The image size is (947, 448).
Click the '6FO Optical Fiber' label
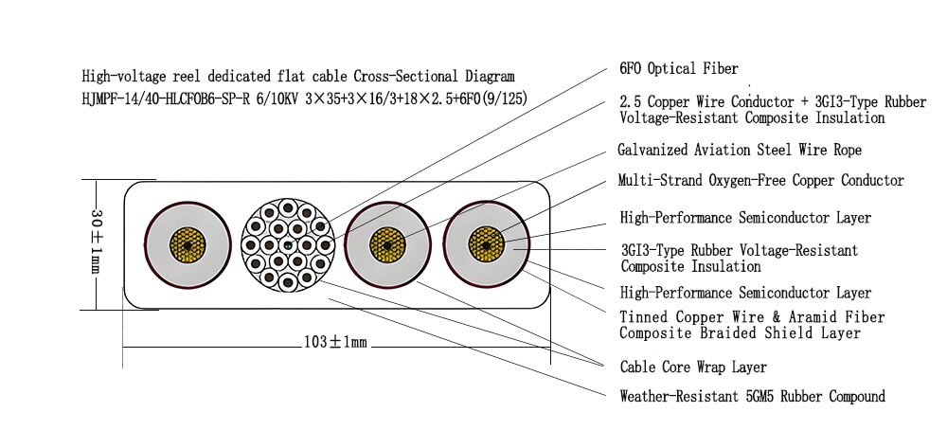[x=678, y=69]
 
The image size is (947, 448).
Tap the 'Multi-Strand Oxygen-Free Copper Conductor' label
[x=760, y=180]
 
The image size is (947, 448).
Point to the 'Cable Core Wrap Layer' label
[x=693, y=367]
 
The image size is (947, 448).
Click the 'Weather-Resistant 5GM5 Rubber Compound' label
[x=752, y=396]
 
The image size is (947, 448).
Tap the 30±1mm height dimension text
[x=95, y=242]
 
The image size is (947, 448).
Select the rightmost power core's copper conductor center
[x=487, y=245]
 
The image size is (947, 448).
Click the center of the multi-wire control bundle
[x=286, y=245]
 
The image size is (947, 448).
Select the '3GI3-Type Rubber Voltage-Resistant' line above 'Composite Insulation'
[x=739, y=251]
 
